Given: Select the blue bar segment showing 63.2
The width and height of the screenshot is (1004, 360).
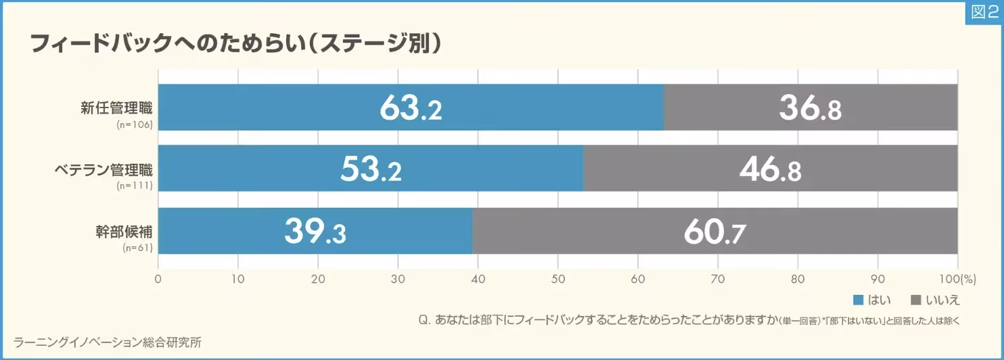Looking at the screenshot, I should (x=411, y=108).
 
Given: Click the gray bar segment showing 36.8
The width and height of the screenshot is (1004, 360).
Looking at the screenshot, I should (x=810, y=108).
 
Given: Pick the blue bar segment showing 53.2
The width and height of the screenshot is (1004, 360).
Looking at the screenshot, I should (x=371, y=168).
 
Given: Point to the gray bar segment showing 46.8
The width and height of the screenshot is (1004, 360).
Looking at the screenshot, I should (x=770, y=168).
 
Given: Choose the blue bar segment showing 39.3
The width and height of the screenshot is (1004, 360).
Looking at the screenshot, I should (x=315, y=231).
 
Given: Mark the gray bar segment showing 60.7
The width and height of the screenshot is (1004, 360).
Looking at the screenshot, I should (x=714, y=231).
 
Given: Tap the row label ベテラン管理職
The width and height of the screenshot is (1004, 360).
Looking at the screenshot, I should (x=104, y=168).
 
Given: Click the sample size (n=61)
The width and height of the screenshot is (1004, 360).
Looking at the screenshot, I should (x=139, y=248).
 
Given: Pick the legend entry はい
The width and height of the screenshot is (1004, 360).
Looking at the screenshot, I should (x=872, y=300).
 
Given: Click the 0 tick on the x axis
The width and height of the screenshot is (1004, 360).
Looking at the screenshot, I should (x=158, y=279).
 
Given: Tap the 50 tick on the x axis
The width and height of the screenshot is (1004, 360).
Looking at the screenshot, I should (x=557, y=279).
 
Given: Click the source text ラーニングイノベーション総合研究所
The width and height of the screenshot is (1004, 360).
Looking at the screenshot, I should (x=107, y=342).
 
